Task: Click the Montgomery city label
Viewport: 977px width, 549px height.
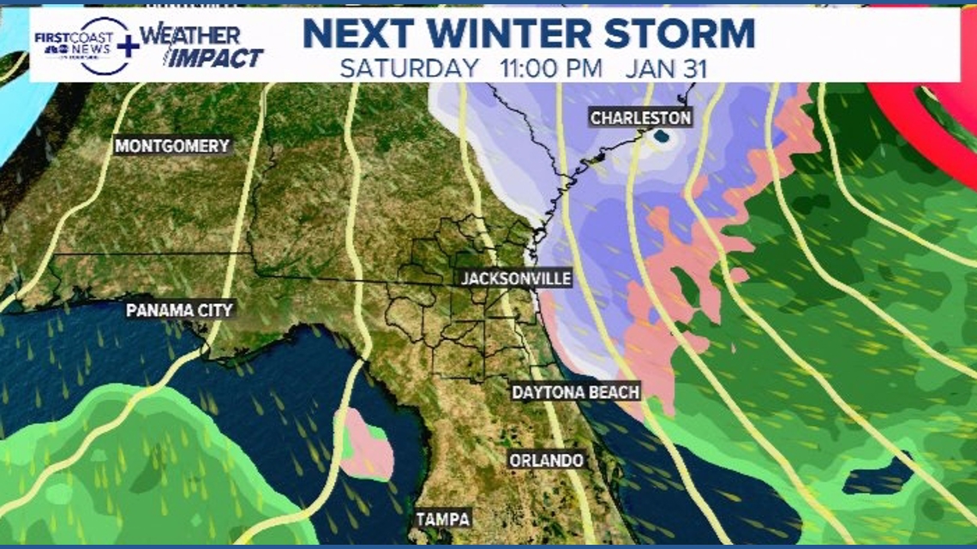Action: click(x=172, y=146)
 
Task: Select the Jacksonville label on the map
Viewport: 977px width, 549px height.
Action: click(x=503, y=279)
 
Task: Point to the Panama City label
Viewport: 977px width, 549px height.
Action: click(x=179, y=310)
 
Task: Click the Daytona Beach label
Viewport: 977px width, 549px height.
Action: click(x=575, y=392)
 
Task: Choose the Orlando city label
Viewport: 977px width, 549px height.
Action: click(x=546, y=460)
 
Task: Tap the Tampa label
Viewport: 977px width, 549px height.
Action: click(x=443, y=519)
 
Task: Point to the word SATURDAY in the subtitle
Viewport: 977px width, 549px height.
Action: click(x=409, y=69)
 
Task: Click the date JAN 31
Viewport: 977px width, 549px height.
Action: click(x=666, y=69)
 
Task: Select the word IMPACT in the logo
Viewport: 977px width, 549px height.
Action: click(x=214, y=58)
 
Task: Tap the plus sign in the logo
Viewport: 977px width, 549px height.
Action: click(x=128, y=46)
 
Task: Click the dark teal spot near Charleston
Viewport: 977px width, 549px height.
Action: click(x=662, y=135)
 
